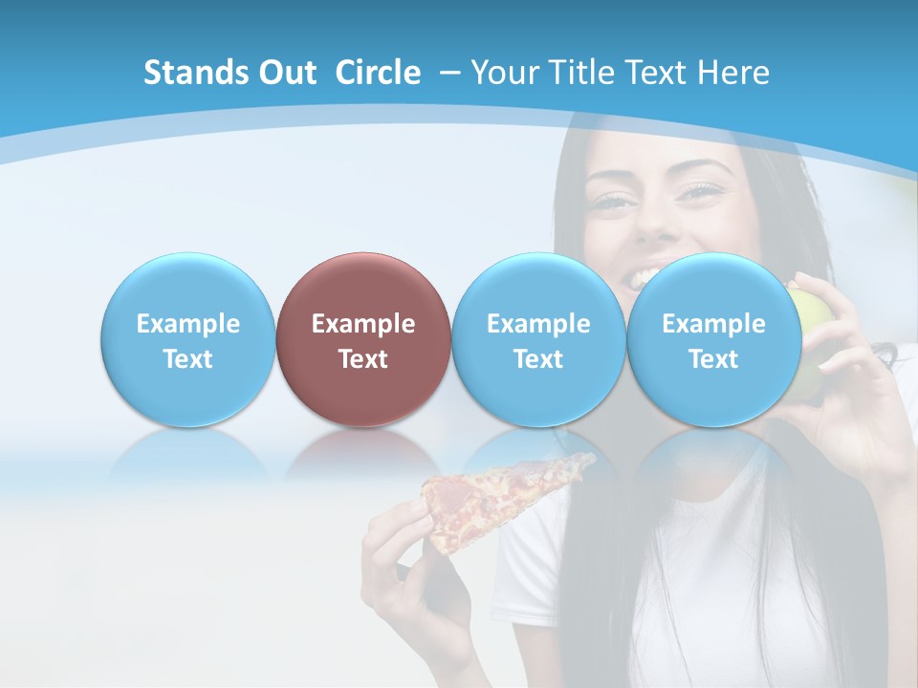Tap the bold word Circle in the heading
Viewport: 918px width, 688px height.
coord(378,73)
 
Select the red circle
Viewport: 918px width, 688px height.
coord(362,339)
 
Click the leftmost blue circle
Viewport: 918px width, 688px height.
coord(187,339)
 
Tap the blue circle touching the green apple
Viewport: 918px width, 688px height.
coord(713,339)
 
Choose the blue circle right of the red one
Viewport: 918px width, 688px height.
coord(537,339)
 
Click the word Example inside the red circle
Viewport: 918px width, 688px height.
coord(362,324)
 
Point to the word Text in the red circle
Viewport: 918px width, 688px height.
coord(362,359)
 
